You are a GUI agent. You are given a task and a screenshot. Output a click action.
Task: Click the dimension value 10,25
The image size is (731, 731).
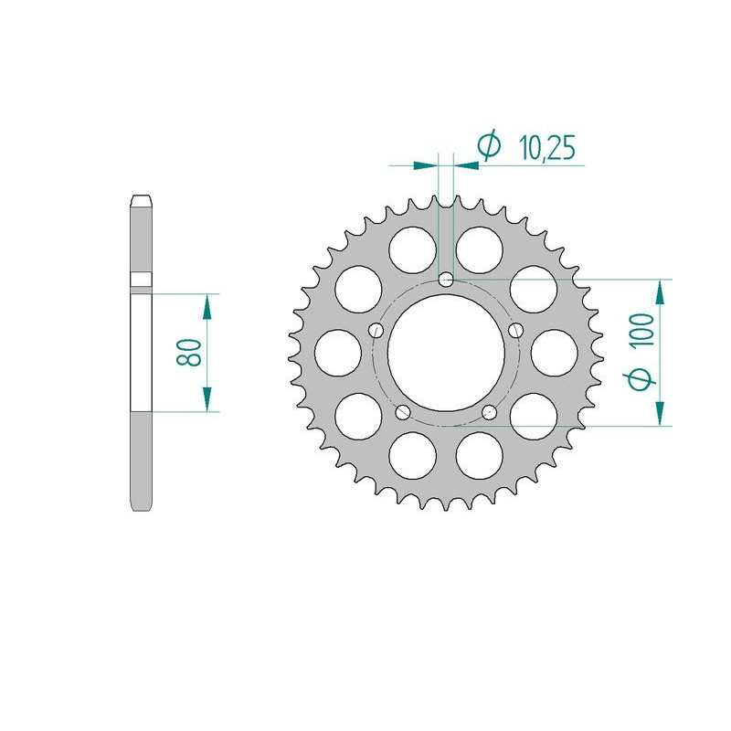coord(546,147)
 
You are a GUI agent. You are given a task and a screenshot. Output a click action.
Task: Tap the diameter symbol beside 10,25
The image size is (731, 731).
coord(490,146)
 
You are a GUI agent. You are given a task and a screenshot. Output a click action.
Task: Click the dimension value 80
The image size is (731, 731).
coord(189,352)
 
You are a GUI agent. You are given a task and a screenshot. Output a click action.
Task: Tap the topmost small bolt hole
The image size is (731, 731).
coord(445,279)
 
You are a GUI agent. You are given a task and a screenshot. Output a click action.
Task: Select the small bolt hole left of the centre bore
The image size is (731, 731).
coord(376,330)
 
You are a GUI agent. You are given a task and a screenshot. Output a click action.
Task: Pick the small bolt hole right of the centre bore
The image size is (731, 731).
coord(515,330)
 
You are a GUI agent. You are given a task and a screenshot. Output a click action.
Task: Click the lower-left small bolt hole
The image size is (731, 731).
coord(402,411)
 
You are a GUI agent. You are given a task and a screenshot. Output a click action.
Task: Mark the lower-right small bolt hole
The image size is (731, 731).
coord(489,411)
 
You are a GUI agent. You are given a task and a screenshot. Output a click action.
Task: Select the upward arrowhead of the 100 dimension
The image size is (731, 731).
coord(659,292)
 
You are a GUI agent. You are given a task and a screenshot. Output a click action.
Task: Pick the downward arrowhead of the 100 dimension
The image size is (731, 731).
coord(659,412)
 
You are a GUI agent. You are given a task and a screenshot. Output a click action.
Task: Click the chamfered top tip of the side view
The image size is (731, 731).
coord(141,198)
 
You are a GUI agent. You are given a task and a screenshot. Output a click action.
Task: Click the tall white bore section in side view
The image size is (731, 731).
coord(141,352)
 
